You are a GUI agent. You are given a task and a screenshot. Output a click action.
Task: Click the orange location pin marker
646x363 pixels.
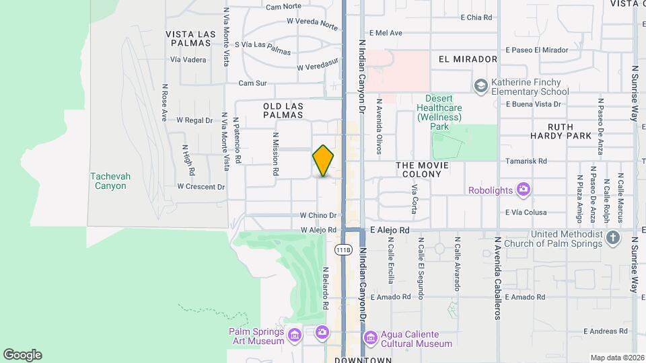click(324, 161)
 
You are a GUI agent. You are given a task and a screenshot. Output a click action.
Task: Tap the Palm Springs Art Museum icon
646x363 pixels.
click(294, 334)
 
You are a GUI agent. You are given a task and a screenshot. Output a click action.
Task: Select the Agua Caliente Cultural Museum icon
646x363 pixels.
click(370, 337)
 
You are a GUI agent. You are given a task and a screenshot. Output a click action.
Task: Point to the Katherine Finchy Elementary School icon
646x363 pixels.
click(480, 85)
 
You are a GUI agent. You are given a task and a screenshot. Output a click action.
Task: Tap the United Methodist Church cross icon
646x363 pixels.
click(612, 237)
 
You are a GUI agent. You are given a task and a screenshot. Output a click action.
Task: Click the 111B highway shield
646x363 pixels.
click(343, 249)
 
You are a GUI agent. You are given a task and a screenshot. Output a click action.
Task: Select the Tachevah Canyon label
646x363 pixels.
click(110, 181)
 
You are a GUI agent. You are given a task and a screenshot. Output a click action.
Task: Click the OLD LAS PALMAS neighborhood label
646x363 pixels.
click(283, 112)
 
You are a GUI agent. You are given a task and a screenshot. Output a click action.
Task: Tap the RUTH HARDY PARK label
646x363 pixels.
click(560, 131)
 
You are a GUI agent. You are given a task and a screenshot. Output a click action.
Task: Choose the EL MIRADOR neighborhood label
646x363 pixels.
click(468, 59)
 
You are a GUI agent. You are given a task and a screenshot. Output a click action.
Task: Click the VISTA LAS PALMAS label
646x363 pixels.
click(189, 38)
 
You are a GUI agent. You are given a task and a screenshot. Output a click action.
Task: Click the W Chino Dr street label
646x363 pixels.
click(318, 216)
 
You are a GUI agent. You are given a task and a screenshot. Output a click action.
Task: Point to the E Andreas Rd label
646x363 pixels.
click(605, 331)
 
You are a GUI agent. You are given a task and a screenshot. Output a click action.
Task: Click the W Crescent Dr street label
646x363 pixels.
click(201, 187)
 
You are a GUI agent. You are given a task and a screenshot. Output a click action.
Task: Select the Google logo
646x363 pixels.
click(22, 354)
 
